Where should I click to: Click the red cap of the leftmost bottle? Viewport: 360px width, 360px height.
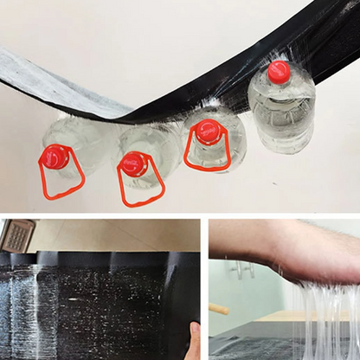pos(55,157)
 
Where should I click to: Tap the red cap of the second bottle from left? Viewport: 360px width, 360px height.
pos(133,163)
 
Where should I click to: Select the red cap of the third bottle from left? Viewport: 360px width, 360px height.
pos(206,132)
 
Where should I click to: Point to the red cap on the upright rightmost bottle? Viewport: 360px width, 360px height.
pos(279,71)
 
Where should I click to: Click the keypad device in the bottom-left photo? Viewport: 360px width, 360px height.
pos(17,235)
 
